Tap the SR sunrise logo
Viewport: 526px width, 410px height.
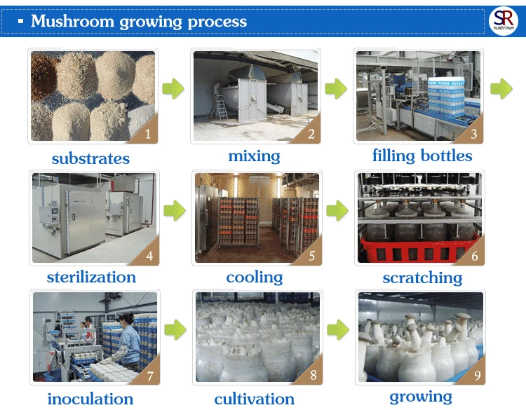[502, 20]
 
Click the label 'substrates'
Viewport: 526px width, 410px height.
[90, 158]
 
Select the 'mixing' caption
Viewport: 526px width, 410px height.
[254, 156]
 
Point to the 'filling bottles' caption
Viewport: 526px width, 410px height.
[422, 156]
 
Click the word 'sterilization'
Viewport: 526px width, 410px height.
[91, 277]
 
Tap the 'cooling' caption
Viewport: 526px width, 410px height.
[254, 278]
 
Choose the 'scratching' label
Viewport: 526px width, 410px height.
[422, 278]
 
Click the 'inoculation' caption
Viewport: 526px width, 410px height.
[91, 399]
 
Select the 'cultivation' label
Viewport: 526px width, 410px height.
[254, 399]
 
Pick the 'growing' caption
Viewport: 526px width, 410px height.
[421, 397]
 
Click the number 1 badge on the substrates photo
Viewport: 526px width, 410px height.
[147, 134]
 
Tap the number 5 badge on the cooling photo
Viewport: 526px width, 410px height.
[311, 255]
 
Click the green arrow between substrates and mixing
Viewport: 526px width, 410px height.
[173, 89]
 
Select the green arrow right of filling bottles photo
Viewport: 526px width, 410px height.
[500, 88]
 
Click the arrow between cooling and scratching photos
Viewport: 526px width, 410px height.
[337, 209]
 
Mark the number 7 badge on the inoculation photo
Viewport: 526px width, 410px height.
[149, 376]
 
